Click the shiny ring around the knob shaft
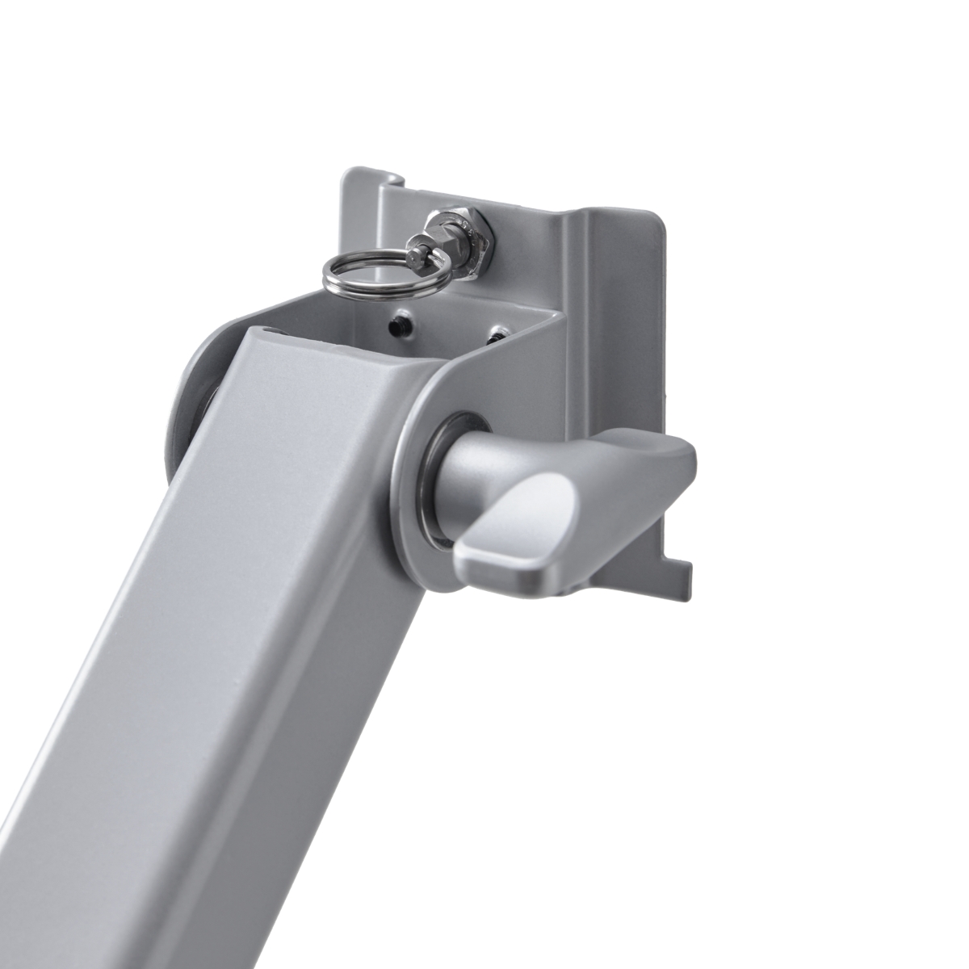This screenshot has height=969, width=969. point(436,484)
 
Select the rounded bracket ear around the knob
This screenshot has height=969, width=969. point(412,517)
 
